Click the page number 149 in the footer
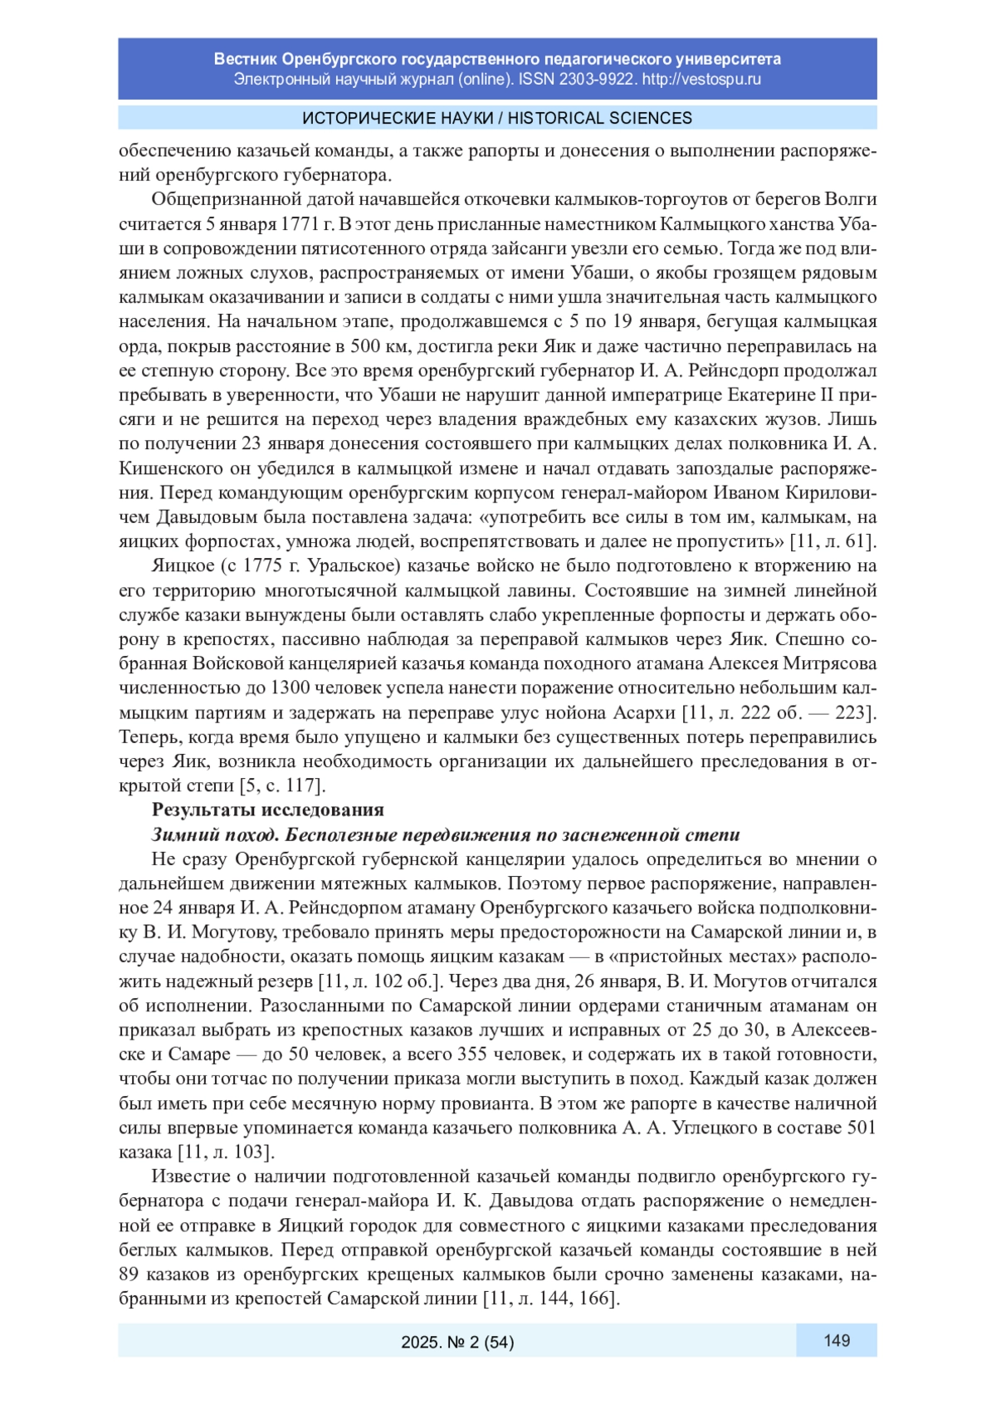pyautogui.click(x=836, y=1340)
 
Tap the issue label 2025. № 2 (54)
pyautogui.click(x=457, y=1342)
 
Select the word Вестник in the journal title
pyautogui.click(x=245, y=59)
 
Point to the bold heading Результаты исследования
pyautogui.click(x=267, y=810)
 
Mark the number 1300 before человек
pyautogui.click(x=290, y=687)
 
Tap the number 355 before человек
pyautogui.click(x=476, y=1054)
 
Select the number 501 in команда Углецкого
pyautogui.click(x=861, y=1128)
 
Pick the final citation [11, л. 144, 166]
pyautogui.click(x=552, y=1299)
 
